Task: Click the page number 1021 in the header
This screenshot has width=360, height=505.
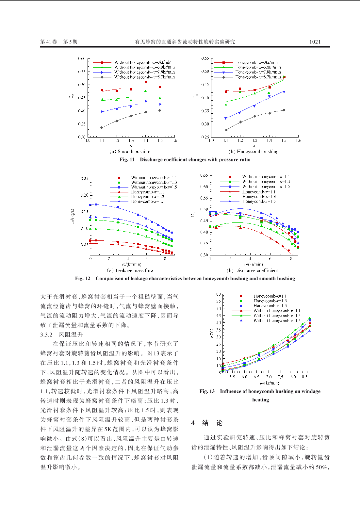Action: [x=315, y=41]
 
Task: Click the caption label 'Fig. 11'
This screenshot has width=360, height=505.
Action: [x=127, y=159]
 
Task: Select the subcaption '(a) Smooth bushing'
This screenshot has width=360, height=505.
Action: [x=130, y=152]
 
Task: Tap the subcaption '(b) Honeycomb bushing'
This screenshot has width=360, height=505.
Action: [x=253, y=152]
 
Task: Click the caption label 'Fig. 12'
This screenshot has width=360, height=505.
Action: [x=82, y=278]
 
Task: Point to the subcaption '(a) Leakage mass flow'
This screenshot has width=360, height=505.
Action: [x=130, y=270]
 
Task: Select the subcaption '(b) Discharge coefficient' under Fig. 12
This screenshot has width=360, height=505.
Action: [x=252, y=270]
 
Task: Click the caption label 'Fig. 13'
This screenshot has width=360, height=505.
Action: [x=207, y=391]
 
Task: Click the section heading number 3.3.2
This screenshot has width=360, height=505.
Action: [x=46, y=334]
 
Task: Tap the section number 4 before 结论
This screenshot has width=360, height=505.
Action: [x=193, y=423]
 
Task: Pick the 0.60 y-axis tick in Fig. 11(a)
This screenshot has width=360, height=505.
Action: [x=82, y=58]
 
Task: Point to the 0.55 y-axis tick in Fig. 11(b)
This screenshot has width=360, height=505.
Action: [x=205, y=58]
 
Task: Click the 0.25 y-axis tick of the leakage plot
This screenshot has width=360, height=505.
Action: [x=84, y=178]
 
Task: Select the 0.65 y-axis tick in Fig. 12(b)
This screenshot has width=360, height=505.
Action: [x=204, y=175]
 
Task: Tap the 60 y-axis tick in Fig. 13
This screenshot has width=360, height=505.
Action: [x=218, y=294]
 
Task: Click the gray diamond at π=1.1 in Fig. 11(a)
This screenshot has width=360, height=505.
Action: [x=102, y=128]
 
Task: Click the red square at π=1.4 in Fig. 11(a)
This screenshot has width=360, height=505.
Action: [x=146, y=82]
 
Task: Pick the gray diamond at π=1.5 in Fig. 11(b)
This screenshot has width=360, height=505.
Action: [x=284, y=110]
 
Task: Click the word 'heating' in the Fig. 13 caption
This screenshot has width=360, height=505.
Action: [x=260, y=399]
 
